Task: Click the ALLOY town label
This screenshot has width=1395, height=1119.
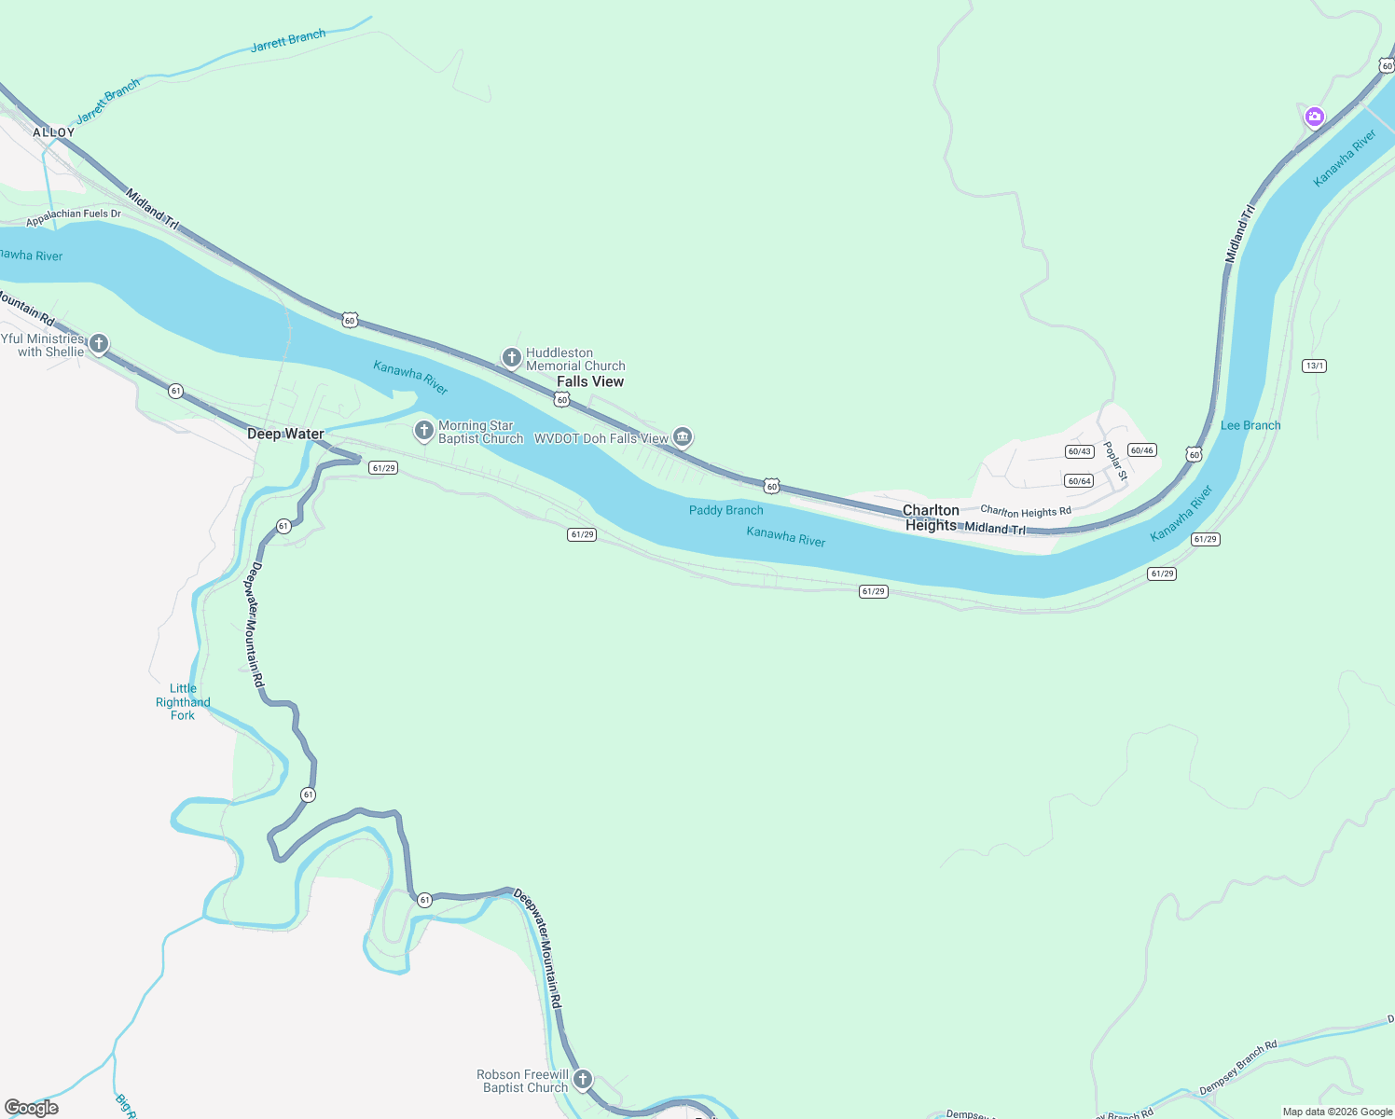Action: (53, 132)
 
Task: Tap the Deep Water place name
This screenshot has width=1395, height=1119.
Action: (285, 434)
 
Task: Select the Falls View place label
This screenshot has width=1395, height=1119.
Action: (590, 381)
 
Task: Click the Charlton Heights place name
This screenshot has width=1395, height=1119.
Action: (931, 518)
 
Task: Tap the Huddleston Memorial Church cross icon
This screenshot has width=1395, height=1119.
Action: (511, 357)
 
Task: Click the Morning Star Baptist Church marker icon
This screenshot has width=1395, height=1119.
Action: (423, 430)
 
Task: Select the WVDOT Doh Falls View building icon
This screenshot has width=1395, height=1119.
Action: (683, 436)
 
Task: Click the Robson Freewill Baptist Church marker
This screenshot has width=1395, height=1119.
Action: (582, 1080)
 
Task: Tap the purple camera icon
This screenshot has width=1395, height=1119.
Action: (1314, 117)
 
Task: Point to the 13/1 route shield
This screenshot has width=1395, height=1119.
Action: (1314, 366)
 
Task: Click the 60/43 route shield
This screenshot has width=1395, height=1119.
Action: (1079, 451)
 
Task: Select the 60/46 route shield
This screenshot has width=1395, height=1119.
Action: (1141, 450)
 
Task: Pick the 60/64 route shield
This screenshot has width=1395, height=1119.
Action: (1079, 481)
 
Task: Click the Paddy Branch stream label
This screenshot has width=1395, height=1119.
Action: (725, 510)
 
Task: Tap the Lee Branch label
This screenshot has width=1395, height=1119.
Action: (1250, 425)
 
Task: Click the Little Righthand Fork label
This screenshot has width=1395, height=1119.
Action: (183, 702)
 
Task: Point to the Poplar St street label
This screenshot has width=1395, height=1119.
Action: (1115, 461)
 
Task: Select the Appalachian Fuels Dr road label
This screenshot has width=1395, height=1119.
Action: (74, 218)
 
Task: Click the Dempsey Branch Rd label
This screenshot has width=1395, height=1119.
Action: (1237, 1069)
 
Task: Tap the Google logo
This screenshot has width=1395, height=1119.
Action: (32, 1108)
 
